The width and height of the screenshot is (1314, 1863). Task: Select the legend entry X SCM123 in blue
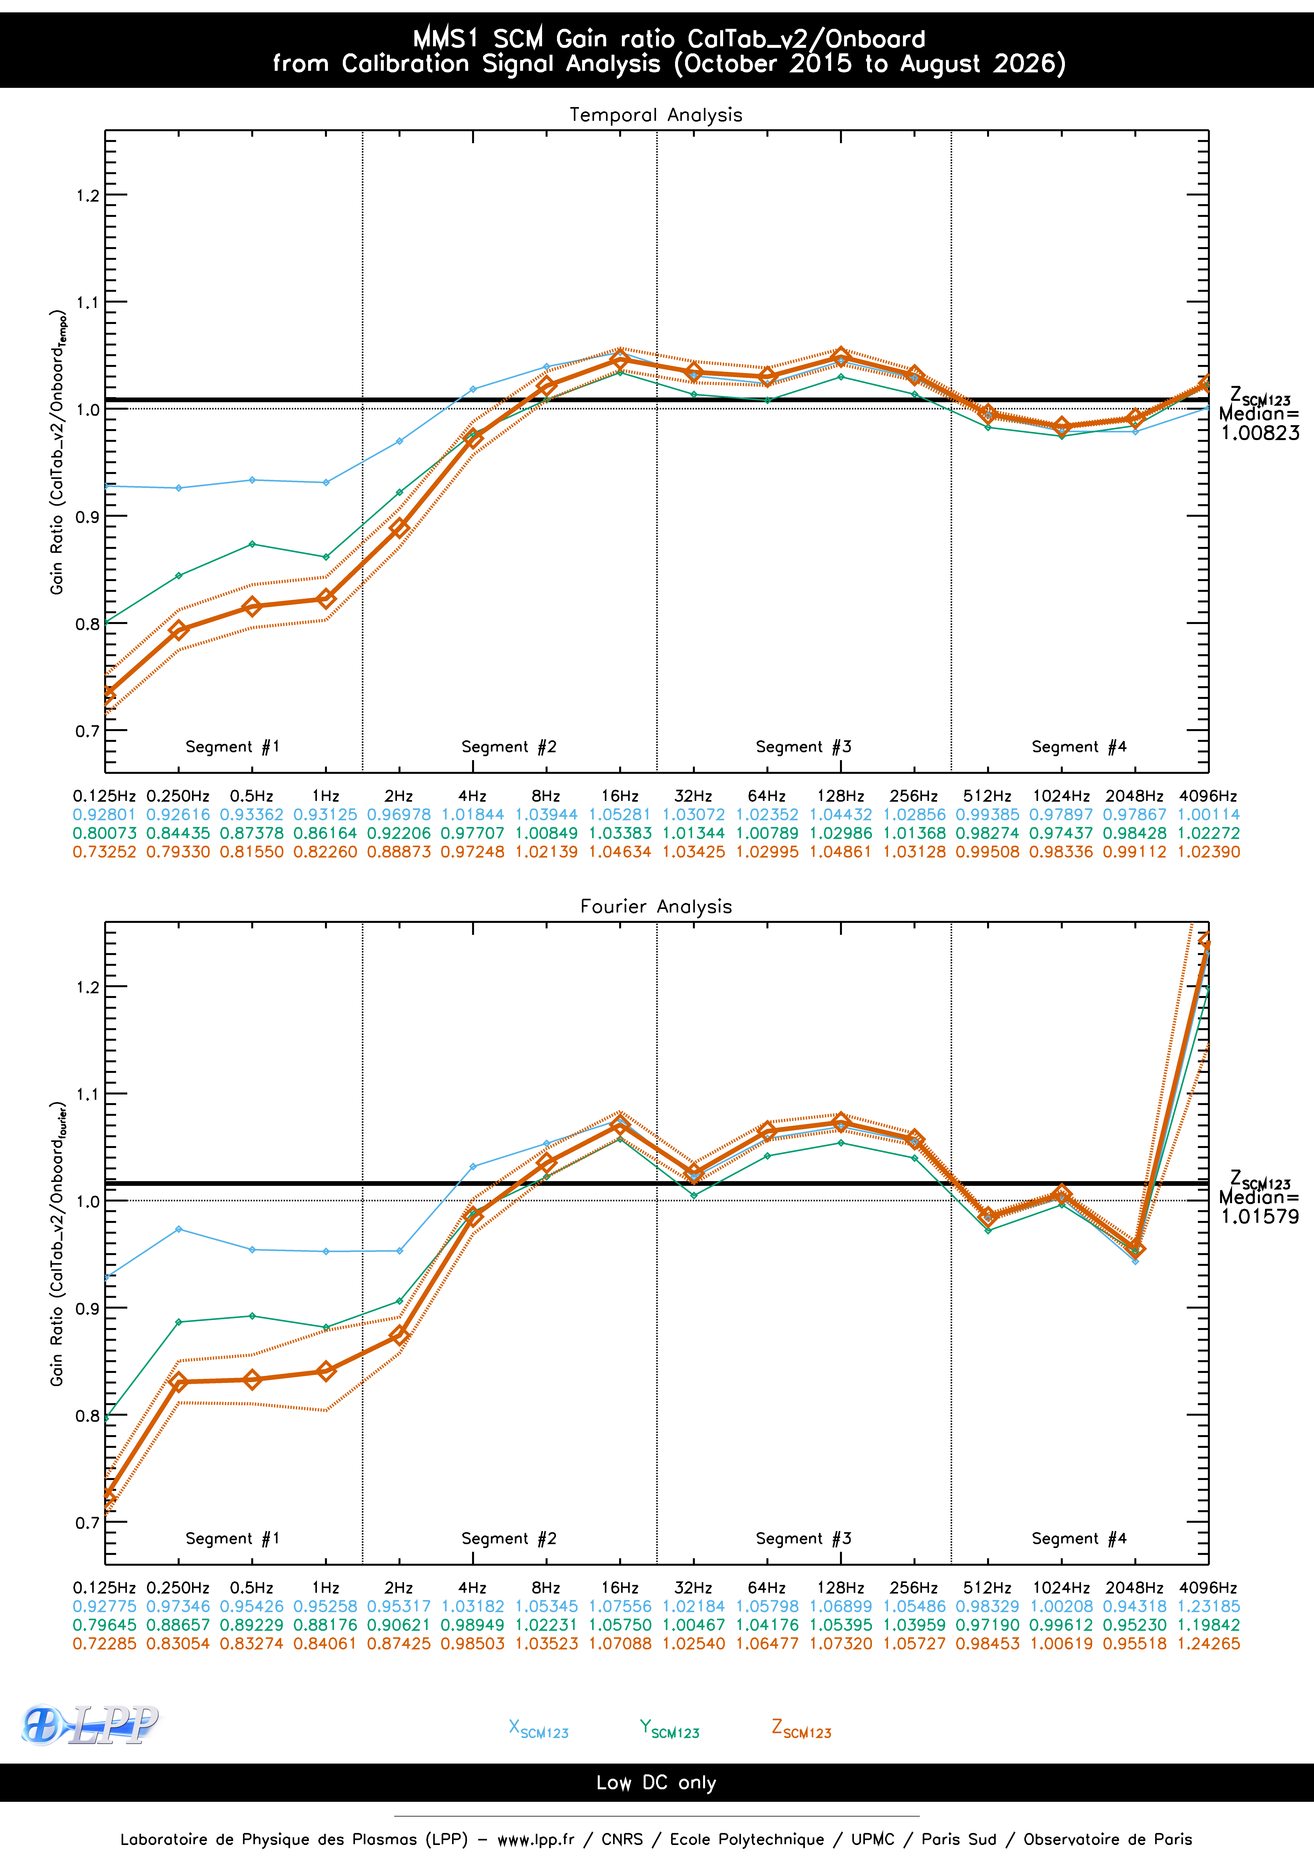[x=538, y=1729]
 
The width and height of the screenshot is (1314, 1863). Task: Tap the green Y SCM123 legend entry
[x=669, y=1729]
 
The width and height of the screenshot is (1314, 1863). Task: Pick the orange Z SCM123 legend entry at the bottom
[x=801, y=1729]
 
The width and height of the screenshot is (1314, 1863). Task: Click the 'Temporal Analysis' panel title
[x=656, y=114]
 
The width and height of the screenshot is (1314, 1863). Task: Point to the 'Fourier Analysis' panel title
[x=656, y=906]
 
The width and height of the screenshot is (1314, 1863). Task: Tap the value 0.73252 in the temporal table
[x=105, y=852]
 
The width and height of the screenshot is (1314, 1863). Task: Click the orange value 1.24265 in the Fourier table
[x=1208, y=1643]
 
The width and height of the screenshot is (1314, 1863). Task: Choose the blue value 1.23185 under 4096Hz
[x=1208, y=1606]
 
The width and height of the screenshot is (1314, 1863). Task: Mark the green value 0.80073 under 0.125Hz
[x=105, y=833]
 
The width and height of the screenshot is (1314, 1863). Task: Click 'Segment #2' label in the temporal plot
[x=509, y=747]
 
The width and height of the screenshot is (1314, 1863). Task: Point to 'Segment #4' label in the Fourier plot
[x=1079, y=1538]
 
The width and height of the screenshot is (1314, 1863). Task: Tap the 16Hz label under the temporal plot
[x=619, y=796]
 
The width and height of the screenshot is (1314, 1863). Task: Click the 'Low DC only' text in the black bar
[x=656, y=1783]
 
